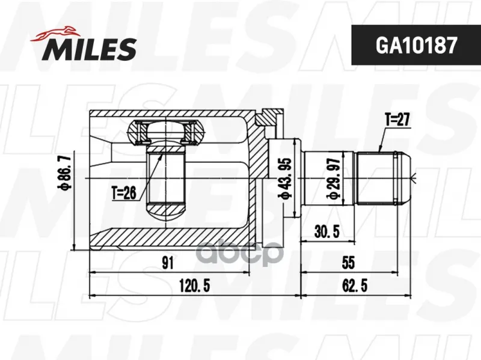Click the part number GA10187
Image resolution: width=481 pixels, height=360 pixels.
pos(416,45)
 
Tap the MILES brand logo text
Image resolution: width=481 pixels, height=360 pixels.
pos(89,49)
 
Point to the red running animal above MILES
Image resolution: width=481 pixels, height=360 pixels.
pos(55,34)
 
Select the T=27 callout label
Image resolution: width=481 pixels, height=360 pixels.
pos(397,119)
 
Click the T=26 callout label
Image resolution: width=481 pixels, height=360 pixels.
pos(124,193)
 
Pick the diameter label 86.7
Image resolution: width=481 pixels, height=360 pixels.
pos(66,172)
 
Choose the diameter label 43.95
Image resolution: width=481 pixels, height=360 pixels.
pos(284,178)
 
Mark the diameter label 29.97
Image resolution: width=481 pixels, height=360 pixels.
pos(334,178)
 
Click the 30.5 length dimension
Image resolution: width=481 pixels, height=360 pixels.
pos(327,231)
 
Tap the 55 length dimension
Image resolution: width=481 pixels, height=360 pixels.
pos(348,263)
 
